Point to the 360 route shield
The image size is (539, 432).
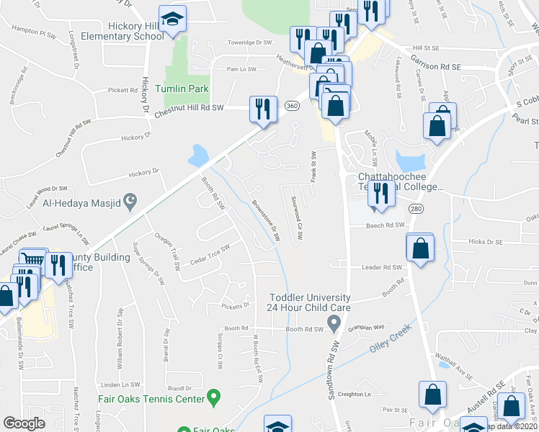pyautogui.click(x=291, y=106)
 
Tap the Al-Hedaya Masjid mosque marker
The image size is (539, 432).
pyautogui.click(x=130, y=202)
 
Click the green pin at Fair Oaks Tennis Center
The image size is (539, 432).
pyautogui.click(x=213, y=395)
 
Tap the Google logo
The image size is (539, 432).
pyautogui.click(x=24, y=423)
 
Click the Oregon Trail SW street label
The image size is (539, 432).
pyautogui.click(x=166, y=251)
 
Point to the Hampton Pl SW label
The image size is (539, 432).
pyautogui.click(x=35, y=33)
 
